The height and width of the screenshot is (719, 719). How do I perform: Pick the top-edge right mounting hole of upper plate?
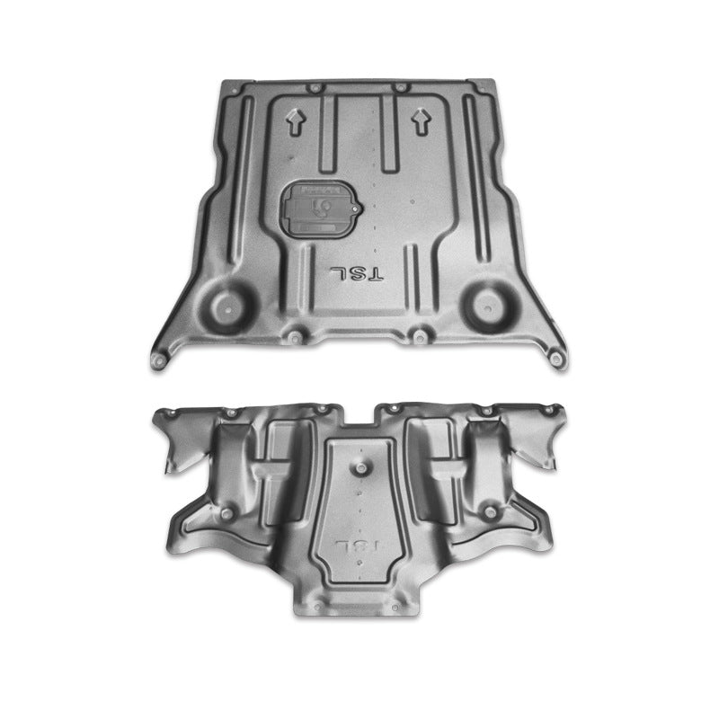tap(398, 88)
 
